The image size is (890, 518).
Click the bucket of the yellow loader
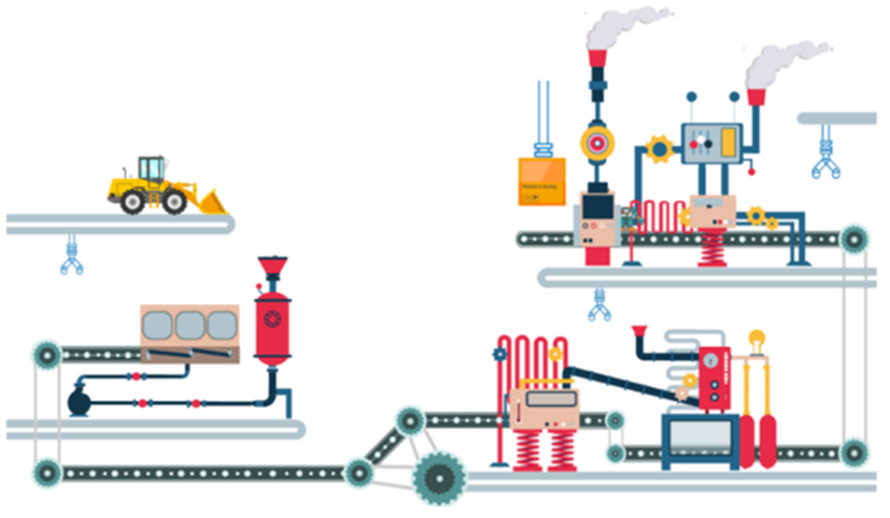tap(209, 201)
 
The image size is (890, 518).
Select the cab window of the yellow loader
tap(150, 169)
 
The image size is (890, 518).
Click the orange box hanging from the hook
tap(542, 180)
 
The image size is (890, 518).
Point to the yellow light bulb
tap(756, 338)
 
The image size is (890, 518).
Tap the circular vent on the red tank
tap(273, 319)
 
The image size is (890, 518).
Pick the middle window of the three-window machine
tap(190, 325)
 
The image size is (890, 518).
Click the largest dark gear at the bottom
tap(439, 478)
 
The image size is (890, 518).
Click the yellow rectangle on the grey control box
tap(728, 142)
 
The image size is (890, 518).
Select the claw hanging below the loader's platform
tap(71, 258)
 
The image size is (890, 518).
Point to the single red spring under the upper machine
tap(712, 249)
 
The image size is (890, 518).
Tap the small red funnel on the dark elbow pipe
tap(640, 332)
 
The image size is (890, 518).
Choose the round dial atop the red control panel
tap(713, 360)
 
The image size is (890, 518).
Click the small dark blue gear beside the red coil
tap(500, 354)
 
